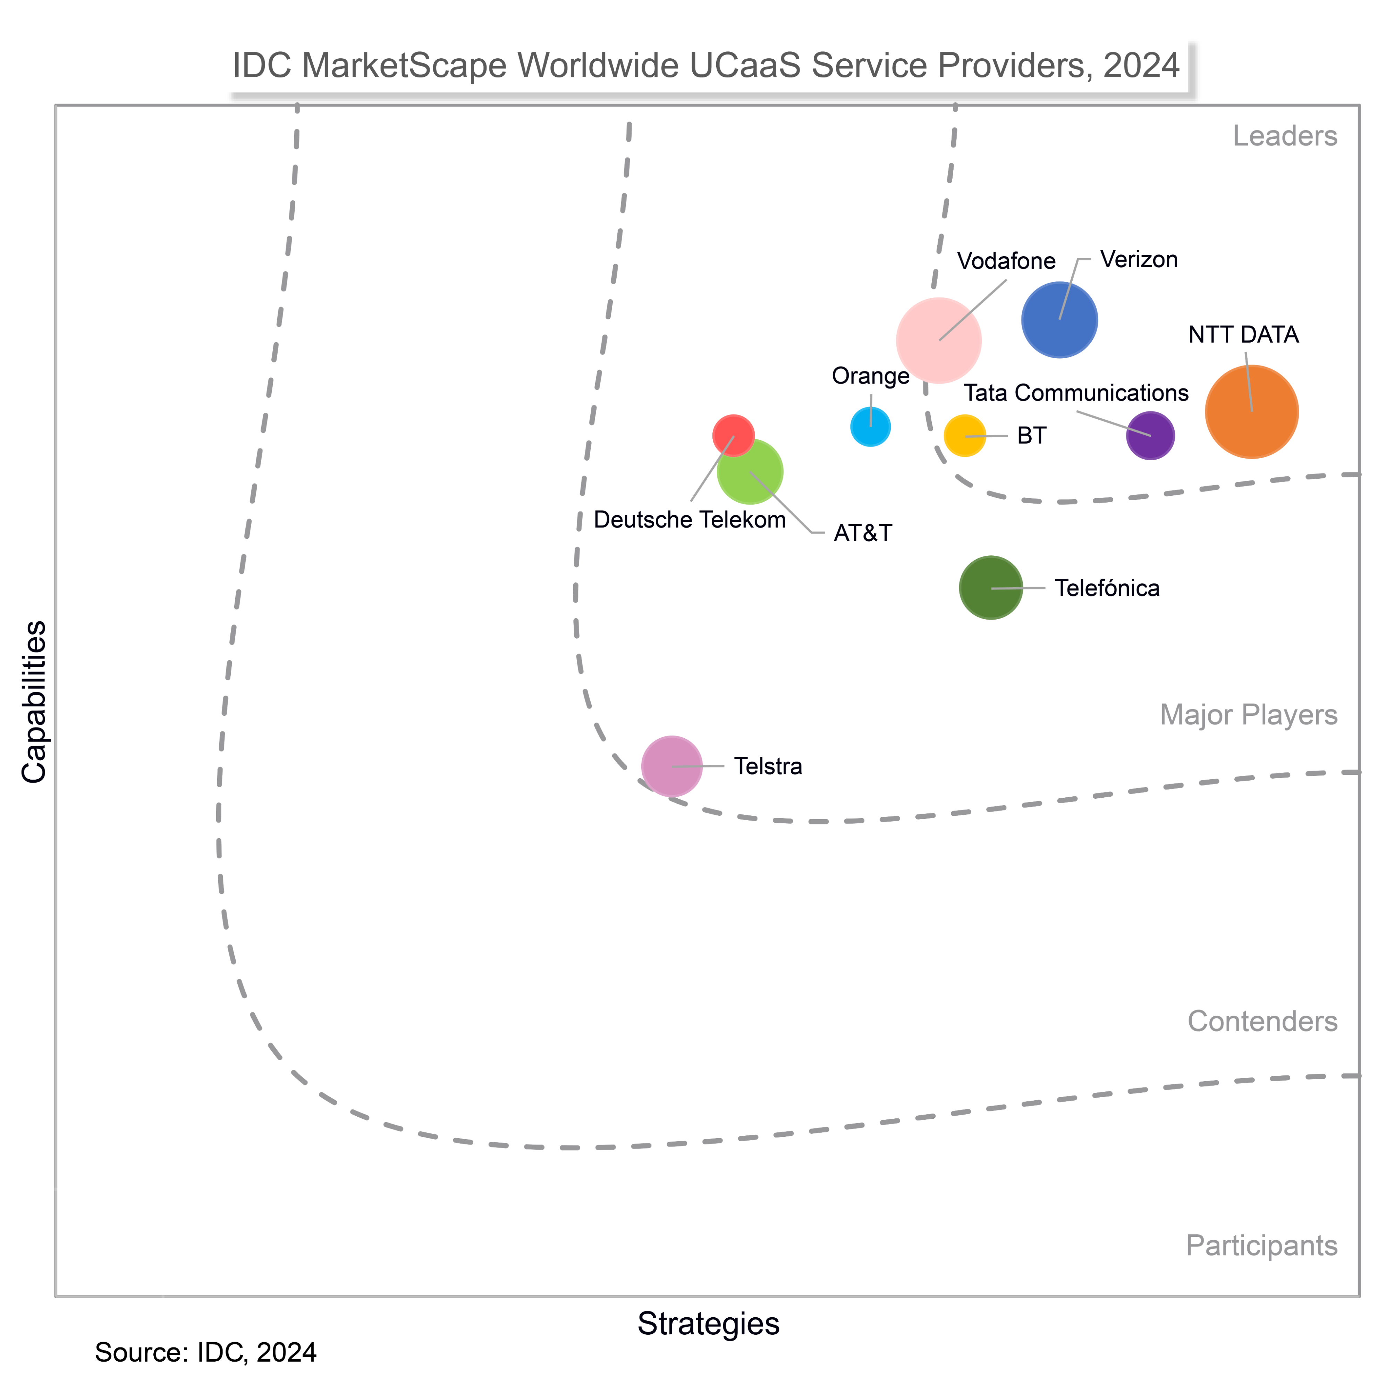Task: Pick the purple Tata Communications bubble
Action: click(x=1150, y=436)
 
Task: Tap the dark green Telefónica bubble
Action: click(x=991, y=588)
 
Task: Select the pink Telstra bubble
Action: click(x=671, y=766)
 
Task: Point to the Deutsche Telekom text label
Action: click(x=690, y=520)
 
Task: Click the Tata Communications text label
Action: click(x=1075, y=393)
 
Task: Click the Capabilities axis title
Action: click(x=34, y=702)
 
